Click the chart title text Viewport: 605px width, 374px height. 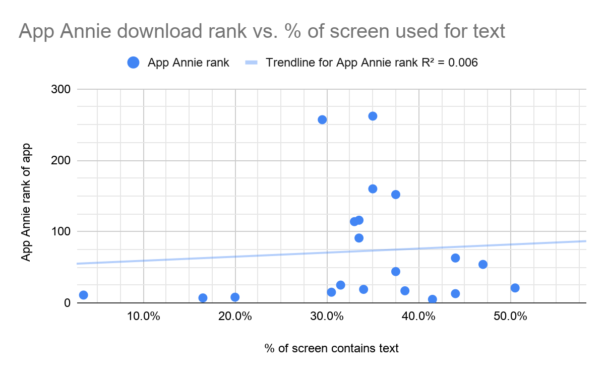click(x=262, y=31)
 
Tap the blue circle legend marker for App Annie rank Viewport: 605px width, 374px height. click(x=134, y=63)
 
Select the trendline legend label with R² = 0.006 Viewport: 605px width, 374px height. click(x=372, y=63)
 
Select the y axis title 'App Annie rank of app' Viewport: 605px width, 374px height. click(x=26, y=202)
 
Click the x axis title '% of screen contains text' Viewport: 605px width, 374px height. click(x=331, y=348)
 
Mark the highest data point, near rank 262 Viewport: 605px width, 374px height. click(x=373, y=116)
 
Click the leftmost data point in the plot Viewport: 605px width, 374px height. click(x=84, y=295)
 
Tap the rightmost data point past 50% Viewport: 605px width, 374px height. click(x=515, y=288)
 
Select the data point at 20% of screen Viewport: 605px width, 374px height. click(x=235, y=297)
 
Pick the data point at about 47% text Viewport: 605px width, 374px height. click(x=483, y=264)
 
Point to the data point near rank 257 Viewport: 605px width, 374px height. click(x=322, y=119)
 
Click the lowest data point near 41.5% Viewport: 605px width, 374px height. click(x=432, y=299)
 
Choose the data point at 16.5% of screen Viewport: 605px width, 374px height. click(x=203, y=298)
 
